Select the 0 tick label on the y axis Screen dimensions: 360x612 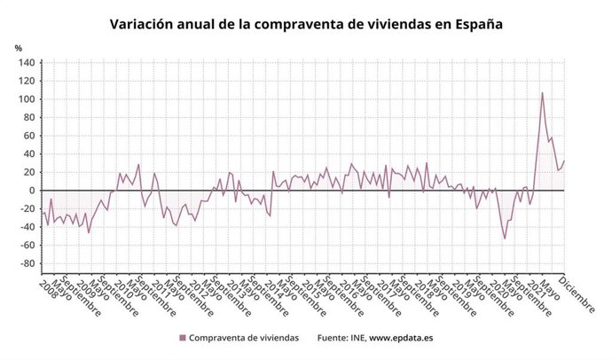pyautogui.click(x=31, y=191)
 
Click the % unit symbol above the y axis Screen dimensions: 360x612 pyautogui.click(x=19, y=48)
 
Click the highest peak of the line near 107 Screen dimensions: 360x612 pyautogui.click(x=543, y=92)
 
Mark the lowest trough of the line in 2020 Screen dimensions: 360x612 pyautogui.click(x=505, y=239)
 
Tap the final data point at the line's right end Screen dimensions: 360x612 pyautogui.click(x=565, y=161)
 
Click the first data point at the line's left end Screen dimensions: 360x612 pyautogui.click(x=43, y=211)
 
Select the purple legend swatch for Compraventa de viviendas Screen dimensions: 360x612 pyautogui.click(x=183, y=338)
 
